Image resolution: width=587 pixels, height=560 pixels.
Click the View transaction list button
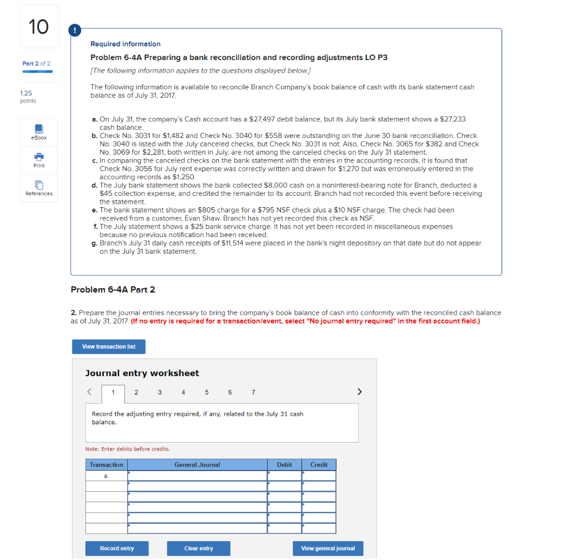pos(108,346)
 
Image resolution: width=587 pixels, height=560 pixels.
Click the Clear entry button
pos(198,549)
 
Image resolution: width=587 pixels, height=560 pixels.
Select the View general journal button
pos(328,549)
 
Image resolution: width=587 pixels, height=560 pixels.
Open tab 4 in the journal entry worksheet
pos(183,392)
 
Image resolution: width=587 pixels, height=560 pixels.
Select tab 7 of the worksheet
pos(253,392)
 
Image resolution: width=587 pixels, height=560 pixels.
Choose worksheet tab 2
pos(136,392)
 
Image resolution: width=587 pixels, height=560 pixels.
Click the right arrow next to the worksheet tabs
pos(359,392)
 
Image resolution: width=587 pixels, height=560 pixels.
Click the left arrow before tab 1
pos(89,392)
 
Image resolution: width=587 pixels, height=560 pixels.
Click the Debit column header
pos(284,464)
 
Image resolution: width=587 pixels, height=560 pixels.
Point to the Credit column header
pos(319,464)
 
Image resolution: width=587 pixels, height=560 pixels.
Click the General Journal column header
pos(197,464)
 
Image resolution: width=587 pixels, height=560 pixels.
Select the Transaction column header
pos(107,464)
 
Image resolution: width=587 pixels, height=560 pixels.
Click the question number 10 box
pos(39,27)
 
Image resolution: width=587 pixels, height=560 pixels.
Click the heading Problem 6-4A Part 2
pos(113,290)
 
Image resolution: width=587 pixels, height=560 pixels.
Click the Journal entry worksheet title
pos(142,373)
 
